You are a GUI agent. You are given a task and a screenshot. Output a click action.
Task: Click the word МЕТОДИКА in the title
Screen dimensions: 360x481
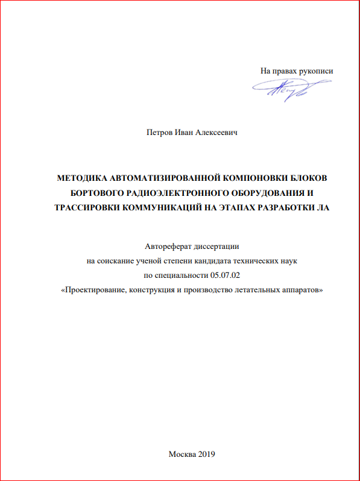click(x=86, y=178)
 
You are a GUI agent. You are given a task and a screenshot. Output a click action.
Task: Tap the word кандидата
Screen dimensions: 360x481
click(x=207, y=260)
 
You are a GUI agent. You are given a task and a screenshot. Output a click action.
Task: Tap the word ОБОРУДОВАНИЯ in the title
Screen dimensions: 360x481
click(x=264, y=193)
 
